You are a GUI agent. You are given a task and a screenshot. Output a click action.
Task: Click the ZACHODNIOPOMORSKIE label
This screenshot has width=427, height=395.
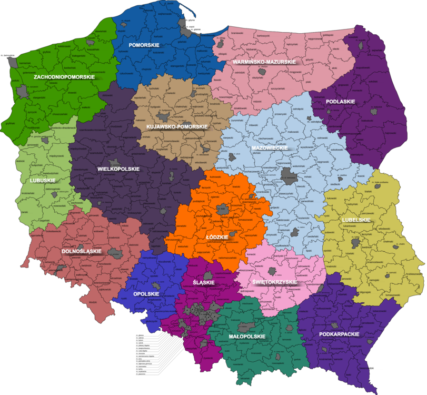pos(64,77)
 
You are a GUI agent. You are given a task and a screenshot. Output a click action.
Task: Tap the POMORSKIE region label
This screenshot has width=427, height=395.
pos(144,45)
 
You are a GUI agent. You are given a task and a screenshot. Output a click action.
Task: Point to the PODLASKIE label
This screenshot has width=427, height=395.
pos(340,101)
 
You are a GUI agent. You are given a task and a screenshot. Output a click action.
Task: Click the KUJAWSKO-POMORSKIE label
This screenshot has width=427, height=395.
pos(177,127)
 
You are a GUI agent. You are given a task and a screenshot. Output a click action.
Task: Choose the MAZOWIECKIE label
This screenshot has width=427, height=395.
pos(269,148)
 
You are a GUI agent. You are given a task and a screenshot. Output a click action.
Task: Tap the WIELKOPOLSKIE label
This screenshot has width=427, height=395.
pos(118,169)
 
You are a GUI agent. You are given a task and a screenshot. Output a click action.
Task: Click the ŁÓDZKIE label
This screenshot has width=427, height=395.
pos(217,237)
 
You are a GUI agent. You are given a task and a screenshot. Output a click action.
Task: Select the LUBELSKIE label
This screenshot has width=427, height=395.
pos(356,220)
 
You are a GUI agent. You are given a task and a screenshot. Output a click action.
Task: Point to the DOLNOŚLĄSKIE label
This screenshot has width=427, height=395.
pos(81,251)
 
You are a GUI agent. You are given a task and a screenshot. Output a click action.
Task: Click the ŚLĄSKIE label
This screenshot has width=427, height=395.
pos(203,283)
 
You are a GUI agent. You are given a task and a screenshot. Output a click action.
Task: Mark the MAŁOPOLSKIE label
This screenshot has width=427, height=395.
pos(247,335)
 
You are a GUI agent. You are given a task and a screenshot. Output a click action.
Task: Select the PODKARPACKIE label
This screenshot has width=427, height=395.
pos(339,334)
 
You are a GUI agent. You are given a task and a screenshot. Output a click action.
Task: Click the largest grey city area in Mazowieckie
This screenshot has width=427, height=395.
pos(288,174)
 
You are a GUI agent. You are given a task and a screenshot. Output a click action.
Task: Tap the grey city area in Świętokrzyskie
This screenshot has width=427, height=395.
pos(272,271)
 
